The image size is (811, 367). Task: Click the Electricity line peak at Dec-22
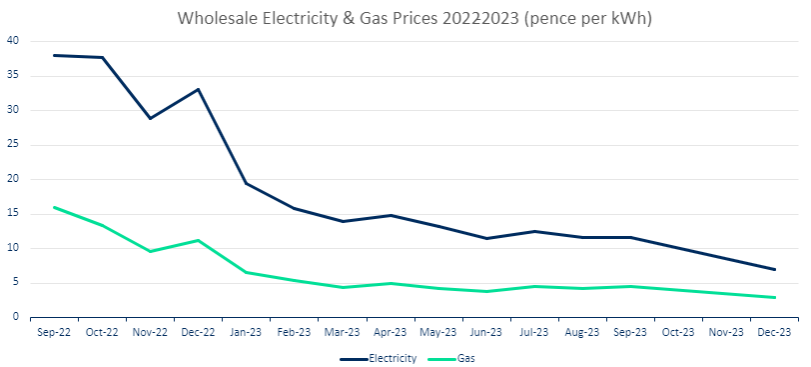198,89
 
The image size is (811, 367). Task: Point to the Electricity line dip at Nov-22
150,118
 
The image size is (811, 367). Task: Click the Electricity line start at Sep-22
53,55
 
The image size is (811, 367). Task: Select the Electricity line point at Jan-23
246,183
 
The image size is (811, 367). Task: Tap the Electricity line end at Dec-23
774,269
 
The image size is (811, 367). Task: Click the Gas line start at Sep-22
53,207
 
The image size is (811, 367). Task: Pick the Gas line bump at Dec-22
198,240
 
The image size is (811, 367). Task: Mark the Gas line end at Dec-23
774,297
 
